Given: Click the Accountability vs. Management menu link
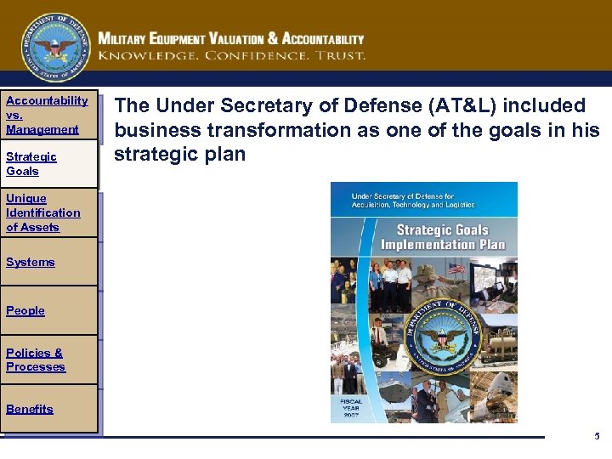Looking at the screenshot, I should click(46, 115).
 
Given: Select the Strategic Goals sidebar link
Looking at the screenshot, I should click(31, 163).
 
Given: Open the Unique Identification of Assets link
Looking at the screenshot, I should click(42, 212).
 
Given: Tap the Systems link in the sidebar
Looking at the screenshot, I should click(30, 262).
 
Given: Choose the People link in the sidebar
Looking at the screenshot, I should click(25, 310).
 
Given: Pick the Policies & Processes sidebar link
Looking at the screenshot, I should click(35, 360).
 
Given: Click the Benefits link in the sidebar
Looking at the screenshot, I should click(29, 409).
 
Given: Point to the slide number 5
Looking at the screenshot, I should click(597, 436).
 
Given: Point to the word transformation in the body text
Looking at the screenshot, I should click(271, 130).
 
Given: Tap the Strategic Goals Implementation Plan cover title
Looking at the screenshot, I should click(442, 236).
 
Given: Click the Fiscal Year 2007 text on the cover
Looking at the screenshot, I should click(352, 408).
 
